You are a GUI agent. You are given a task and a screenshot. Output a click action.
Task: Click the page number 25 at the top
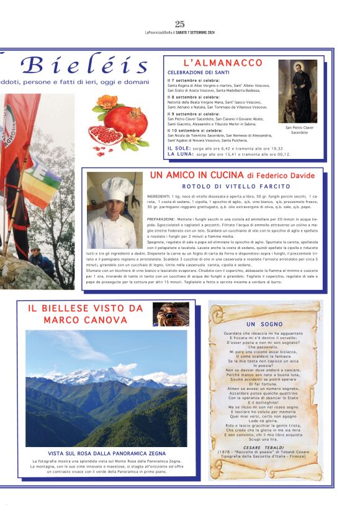(x=180, y=24)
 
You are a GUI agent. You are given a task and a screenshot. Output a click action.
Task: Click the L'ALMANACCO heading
(x=223, y=63)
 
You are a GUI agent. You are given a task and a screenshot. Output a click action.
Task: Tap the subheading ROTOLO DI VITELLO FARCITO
(x=236, y=186)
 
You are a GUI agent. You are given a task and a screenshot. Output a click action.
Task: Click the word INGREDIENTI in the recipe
(x=160, y=196)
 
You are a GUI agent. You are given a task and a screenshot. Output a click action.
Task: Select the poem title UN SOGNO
(x=264, y=324)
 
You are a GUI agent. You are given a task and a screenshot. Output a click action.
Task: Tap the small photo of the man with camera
(x=171, y=315)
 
